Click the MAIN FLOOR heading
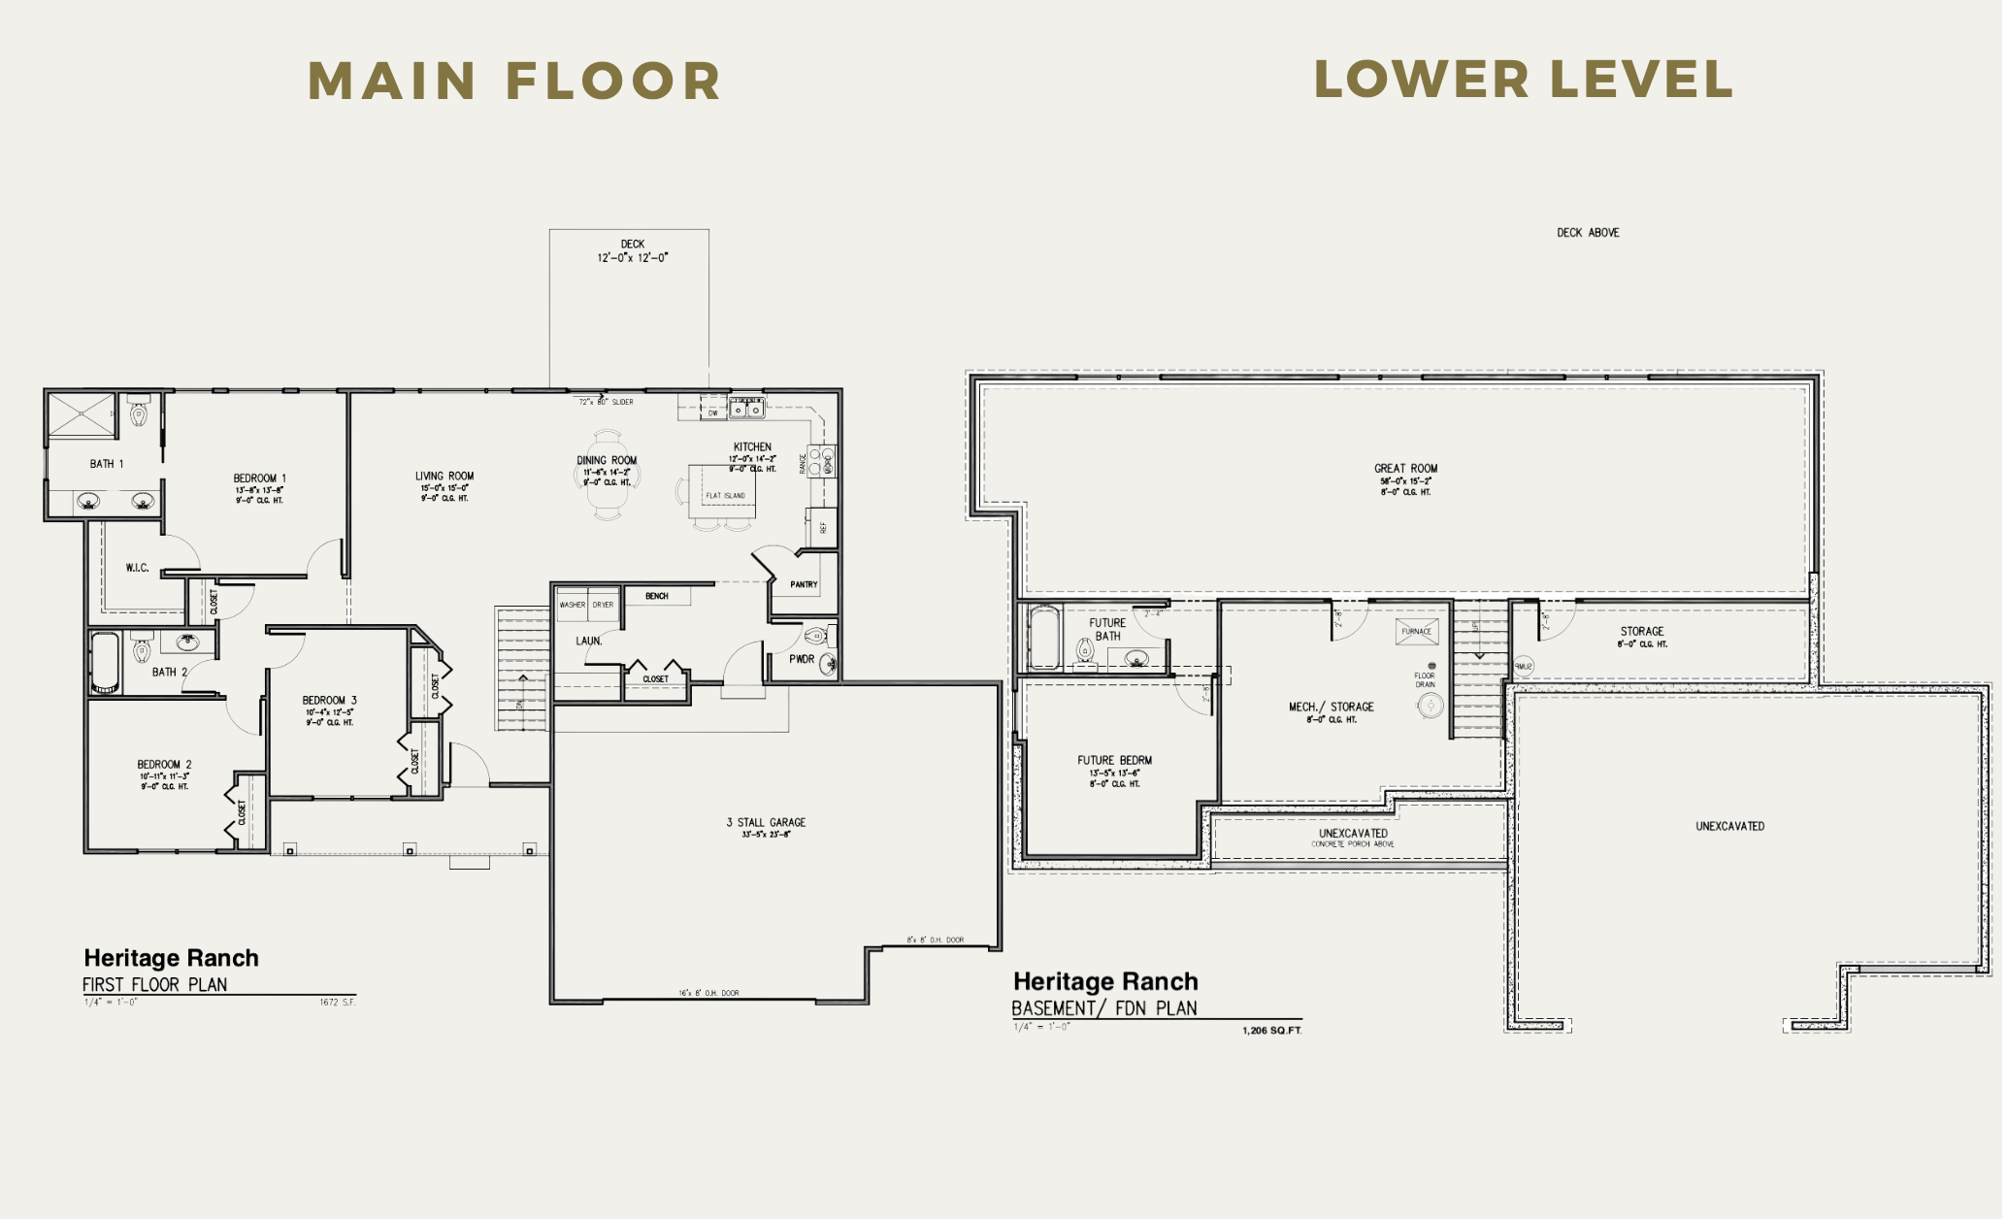[514, 81]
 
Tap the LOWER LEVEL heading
[1523, 79]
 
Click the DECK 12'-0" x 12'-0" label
[632, 251]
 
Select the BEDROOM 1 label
[259, 478]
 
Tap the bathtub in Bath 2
[105, 662]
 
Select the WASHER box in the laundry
[572, 605]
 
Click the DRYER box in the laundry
[604, 605]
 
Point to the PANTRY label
[804, 584]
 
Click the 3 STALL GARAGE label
[766, 823]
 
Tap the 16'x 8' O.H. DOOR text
[708, 993]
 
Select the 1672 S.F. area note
[337, 1003]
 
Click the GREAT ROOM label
[1405, 469]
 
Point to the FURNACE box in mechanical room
[1416, 632]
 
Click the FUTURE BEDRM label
[1114, 761]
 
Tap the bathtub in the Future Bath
[1043, 638]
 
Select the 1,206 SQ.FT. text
[1271, 1030]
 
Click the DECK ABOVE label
[1588, 233]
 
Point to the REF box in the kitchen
[821, 527]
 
